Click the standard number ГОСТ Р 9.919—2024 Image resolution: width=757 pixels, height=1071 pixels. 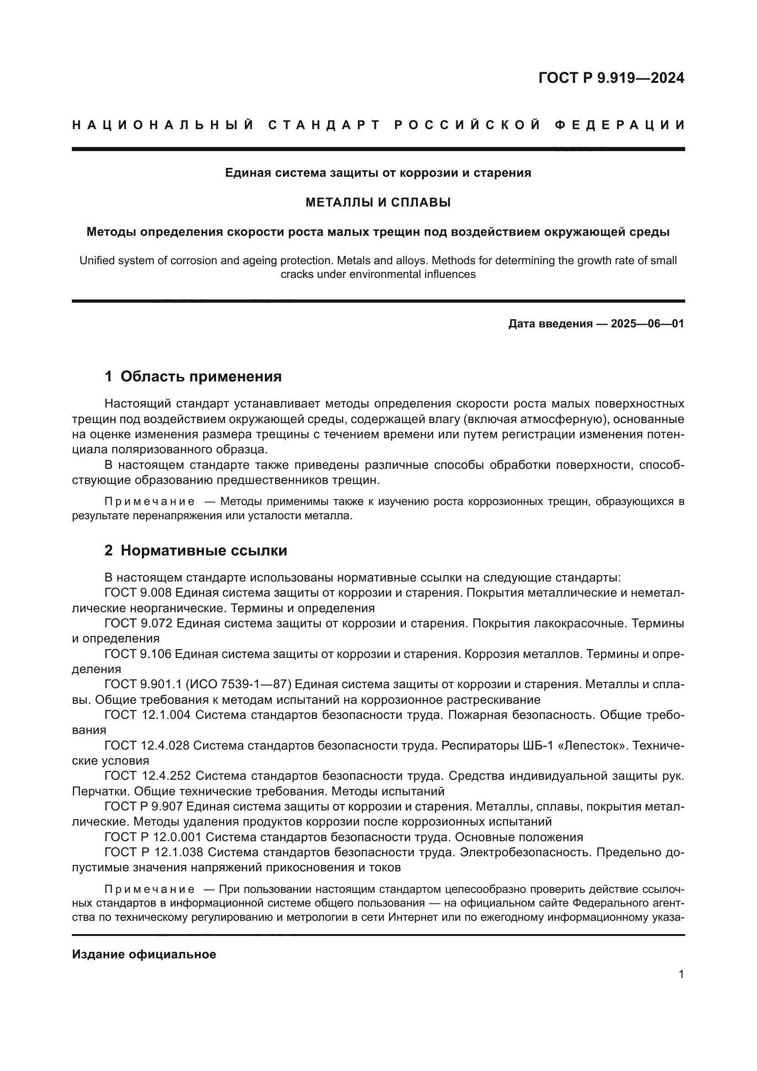tap(611, 78)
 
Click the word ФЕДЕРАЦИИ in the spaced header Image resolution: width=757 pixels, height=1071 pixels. tap(620, 125)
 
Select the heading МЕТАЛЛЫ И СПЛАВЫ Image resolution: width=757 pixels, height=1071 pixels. tap(378, 202)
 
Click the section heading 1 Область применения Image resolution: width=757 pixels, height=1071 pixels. tap(193, 376)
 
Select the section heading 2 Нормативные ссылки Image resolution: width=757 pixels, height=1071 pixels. tap(196, 550)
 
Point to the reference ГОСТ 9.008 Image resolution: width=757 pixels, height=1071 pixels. tap(138, 593)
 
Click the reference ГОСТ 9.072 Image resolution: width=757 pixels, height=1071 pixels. tap(138, 623)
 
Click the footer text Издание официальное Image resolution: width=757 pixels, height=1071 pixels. tap(144, 954)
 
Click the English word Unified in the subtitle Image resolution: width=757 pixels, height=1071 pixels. tap(97, 260)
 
